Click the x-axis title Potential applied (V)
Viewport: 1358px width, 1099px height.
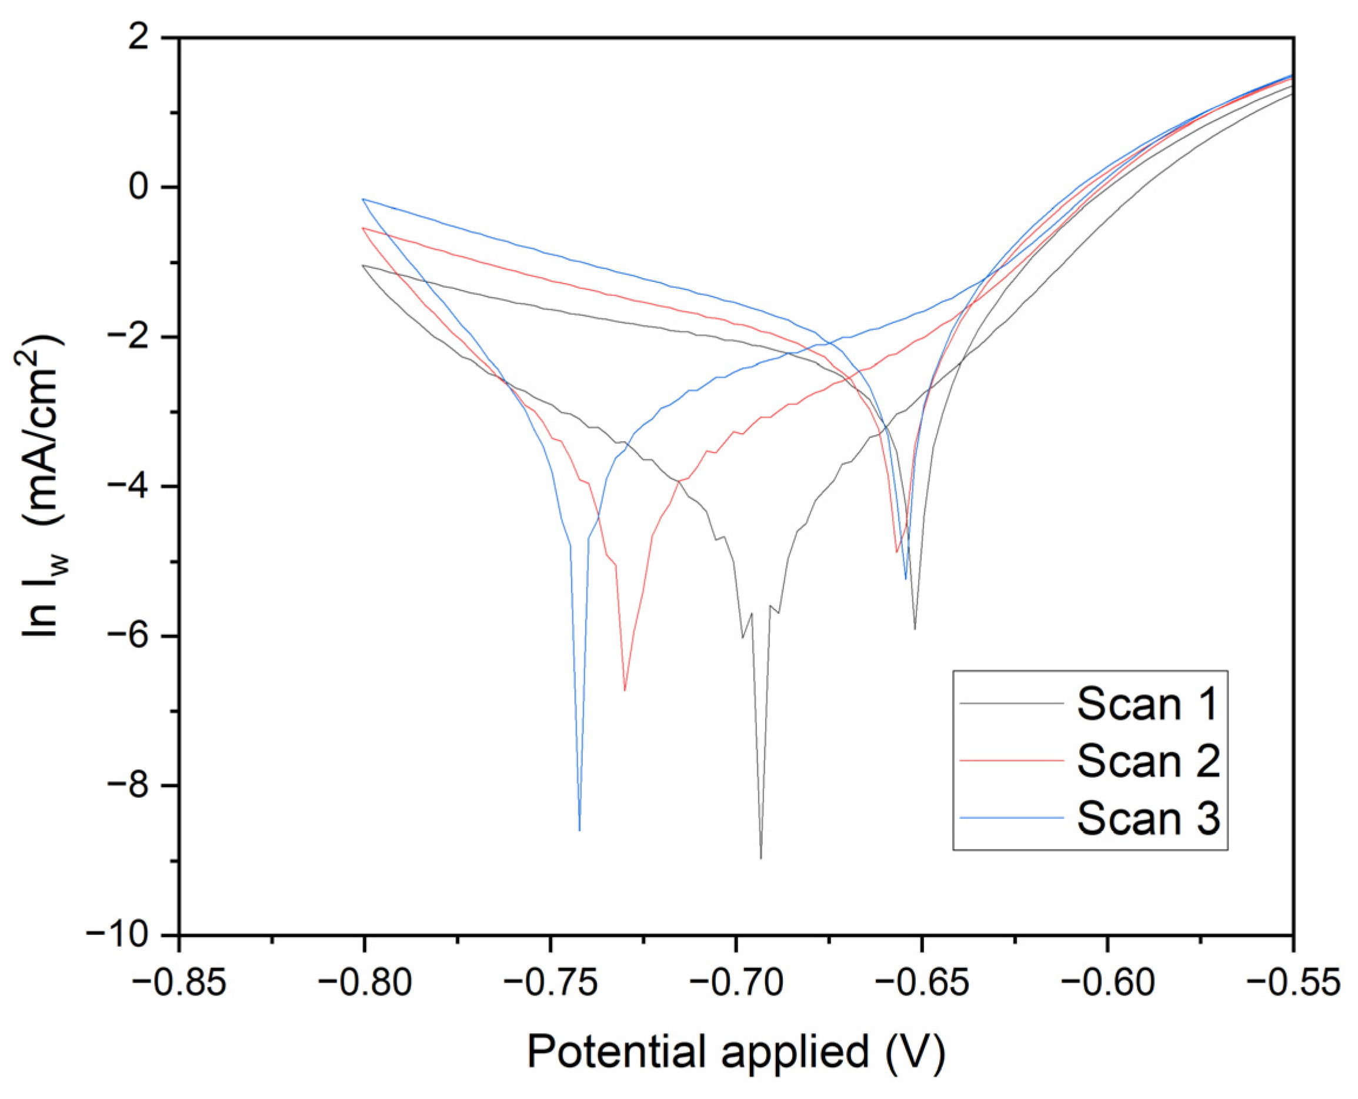736,1052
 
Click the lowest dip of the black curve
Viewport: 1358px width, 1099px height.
760,858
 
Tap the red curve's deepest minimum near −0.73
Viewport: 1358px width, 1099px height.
625,690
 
